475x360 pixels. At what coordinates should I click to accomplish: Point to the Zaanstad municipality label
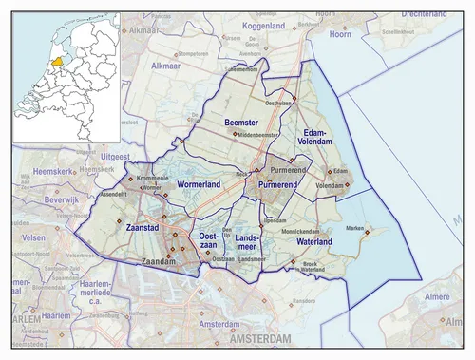(x=142, y=229)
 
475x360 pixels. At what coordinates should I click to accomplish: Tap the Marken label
(x=354, y=229)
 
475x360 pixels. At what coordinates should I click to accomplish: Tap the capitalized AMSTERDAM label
(x=258, y=339)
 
